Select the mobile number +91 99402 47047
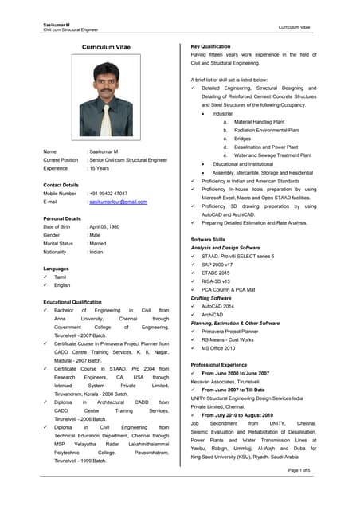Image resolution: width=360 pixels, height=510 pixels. [x=108, y=193]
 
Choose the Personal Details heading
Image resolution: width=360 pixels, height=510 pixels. [x=62, y=218]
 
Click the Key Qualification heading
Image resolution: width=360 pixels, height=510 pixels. [x=210, y=47]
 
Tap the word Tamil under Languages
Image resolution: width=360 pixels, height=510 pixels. [x=61, y=277]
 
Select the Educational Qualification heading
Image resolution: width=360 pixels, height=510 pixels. [x=73, y=302]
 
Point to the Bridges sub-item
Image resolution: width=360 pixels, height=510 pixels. [x=242, y=139]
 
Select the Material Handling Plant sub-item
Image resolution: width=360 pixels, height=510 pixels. [x=262, y=121]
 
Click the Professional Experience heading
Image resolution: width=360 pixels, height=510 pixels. [x=222, y=364]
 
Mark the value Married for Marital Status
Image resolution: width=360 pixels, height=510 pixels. [x=100, y=243]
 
